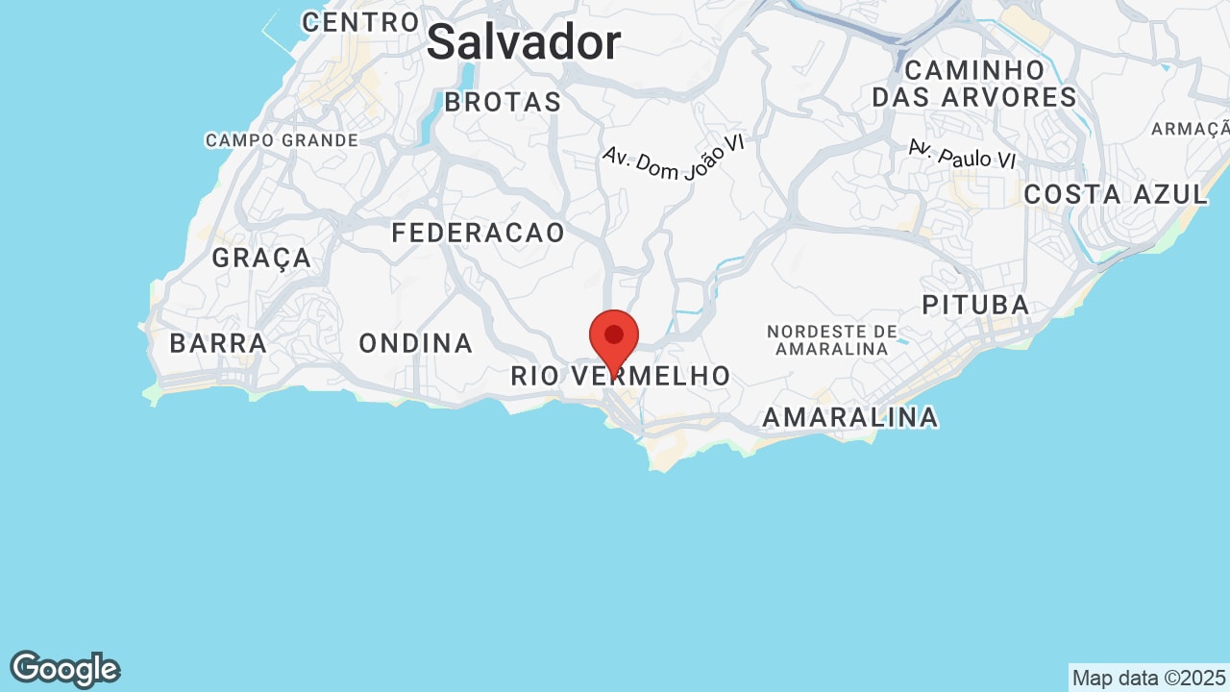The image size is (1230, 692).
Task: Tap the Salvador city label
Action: [x=524, y=43]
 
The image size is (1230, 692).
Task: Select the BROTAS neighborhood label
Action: [x=503, y=102]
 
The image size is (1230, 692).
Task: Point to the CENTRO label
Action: [x=360, y=22]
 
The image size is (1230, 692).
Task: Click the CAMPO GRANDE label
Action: [x=282, y=140]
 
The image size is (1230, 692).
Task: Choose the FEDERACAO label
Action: [x=479, y=233]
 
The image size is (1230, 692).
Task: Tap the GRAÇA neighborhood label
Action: [x=261, y=258]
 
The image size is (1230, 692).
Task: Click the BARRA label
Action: [x=218, y=343]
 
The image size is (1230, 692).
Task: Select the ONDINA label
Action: [x=416, y=343]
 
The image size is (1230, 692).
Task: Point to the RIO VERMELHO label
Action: [x=621, y=377]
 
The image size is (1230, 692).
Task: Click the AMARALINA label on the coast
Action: [x=850, y=417]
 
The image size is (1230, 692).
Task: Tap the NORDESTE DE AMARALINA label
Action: [x=832, y=340]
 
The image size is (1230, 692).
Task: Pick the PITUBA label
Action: [x=975, y=306]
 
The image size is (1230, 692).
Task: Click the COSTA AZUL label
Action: [x=1116, y=194]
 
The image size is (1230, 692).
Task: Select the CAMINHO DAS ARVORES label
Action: [x=974, y=84]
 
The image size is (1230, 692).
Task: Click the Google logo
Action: [x=64, y=669]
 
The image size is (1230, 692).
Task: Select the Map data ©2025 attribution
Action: [x=1148, y=678]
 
